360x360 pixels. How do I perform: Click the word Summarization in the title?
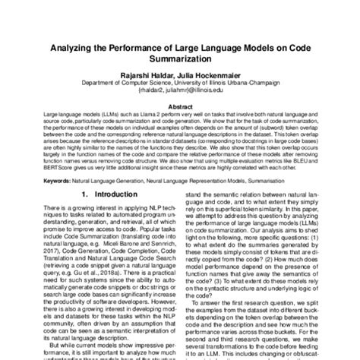tap(180, 62)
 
